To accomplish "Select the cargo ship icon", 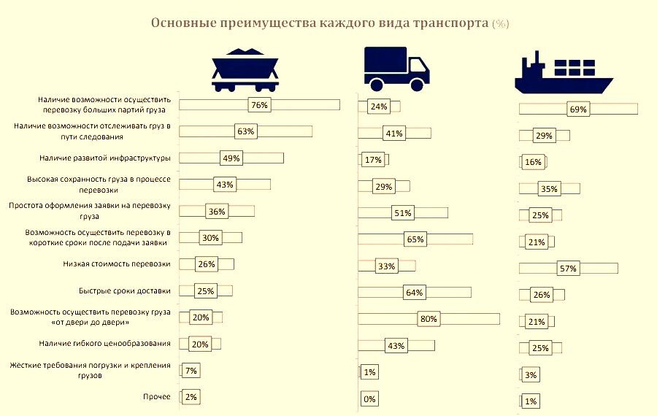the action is click(561, 73).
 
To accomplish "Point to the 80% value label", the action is click(429, 319).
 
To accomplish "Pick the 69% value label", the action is click(577, 109).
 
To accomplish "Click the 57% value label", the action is click(568, 269).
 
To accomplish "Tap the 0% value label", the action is click(369, 398).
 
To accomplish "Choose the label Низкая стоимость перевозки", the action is click(118, 263).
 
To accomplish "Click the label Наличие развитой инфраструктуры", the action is click(104, 158).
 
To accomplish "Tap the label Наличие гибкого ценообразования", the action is click(105, 343).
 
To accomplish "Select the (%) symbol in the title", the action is click(500, 23).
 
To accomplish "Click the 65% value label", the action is click(415, 239).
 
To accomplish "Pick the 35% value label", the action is click(549, 189).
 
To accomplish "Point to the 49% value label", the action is click(230, 158).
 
